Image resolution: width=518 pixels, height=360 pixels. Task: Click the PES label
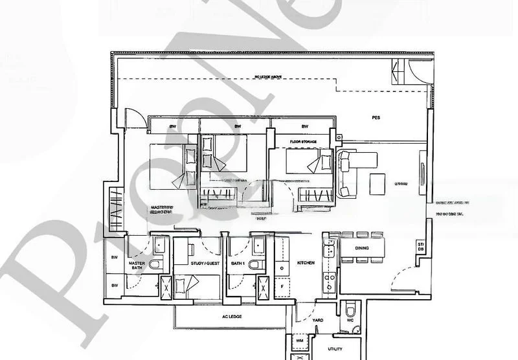click(376, 118)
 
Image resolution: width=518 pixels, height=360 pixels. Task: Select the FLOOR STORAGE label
click(302, 139)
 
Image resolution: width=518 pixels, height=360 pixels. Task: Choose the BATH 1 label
click(238, 264)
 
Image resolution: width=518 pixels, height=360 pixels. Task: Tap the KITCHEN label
click(306, 264)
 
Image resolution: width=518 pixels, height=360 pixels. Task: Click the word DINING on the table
click(362, 249)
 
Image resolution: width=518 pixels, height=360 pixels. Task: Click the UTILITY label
click(335, 348)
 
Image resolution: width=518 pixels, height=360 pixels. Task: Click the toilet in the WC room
click(352, 306)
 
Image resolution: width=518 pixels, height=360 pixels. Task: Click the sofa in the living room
click(345, 170)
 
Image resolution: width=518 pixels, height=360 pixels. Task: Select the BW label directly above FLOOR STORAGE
click(304, 126)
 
